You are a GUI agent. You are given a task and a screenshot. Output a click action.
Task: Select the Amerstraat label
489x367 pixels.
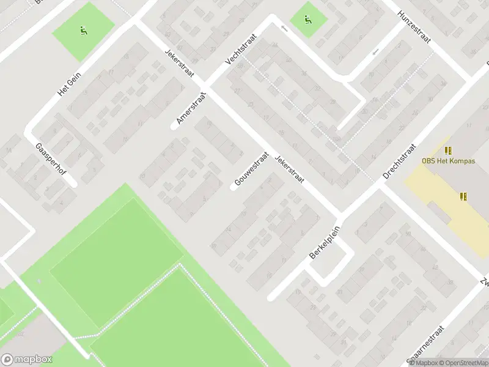[192, 109]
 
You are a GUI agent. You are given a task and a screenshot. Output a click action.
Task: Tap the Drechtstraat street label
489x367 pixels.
[399, 161]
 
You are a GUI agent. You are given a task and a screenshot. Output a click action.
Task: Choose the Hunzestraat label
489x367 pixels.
[414, 28]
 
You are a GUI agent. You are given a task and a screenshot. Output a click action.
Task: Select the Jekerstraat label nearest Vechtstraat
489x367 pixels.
[179, 63]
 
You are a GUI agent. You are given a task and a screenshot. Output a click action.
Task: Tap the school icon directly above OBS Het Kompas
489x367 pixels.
[449, 150]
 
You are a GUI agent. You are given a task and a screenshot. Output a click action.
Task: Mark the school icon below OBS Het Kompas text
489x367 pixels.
[463, 196]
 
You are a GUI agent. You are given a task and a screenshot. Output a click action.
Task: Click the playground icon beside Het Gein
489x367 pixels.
[83, 30]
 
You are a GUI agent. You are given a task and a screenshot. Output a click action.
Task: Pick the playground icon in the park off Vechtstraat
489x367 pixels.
[307, 20]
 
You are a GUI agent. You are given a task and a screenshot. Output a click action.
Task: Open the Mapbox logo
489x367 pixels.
[27, 360]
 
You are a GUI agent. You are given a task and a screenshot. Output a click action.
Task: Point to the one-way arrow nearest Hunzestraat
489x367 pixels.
[375, 51]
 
